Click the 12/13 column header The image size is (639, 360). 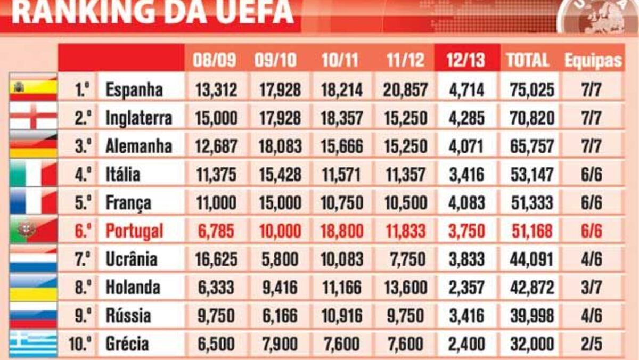[467, 60]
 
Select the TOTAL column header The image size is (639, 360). [527, 60]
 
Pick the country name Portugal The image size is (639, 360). [134, 231]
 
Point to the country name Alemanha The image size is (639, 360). [138, 146]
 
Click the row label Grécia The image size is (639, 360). [127, 343]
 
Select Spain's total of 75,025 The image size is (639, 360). [532, 89]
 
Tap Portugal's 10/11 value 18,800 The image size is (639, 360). [342, 231]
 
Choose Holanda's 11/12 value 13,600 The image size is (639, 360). [405, 288]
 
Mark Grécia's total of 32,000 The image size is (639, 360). [532, 343]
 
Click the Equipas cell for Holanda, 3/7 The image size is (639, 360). [591, 288]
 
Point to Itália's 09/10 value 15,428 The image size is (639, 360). [280, 174]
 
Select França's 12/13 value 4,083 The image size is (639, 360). [466, 203]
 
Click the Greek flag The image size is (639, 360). [33, 343]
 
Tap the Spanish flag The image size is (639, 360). [33, 87]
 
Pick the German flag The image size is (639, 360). [33, 145]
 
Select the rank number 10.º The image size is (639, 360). [79, 343]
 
